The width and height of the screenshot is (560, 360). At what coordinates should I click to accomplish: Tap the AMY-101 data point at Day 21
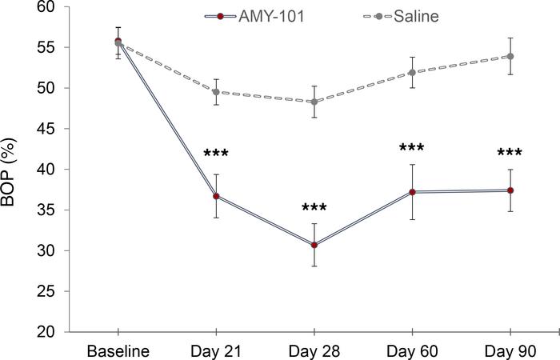pyautogui.click(x=216, y=196)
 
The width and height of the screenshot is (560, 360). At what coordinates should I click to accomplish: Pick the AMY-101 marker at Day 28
pyautogui.click(x=314, y=245)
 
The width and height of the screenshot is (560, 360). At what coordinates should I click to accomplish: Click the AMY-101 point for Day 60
pyautogui.click(x=412, y=192)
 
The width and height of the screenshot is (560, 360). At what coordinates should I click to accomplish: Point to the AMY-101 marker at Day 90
pyautogui.click(x=510, y=190)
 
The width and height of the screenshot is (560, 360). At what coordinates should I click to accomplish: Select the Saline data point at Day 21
pyautogui.click(x=216, y=92)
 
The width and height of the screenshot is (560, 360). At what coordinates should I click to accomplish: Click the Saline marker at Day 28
pyautogui.click(x=314, y=102)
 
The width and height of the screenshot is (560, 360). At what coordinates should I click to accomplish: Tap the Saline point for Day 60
pyautogui.click(x=412, y=73)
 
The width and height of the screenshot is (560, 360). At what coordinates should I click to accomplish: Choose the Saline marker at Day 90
pyautogui.click(x=510, y=57)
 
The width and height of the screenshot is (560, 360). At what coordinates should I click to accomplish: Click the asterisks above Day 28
pyautogui.click(x=314, y=209)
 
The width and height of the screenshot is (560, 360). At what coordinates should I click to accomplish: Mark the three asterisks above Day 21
pyautogui.click(x=216, y=154)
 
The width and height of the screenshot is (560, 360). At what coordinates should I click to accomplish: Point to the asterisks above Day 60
pyautogui.click(x=412, y=148)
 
